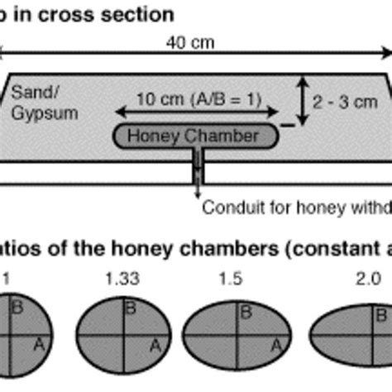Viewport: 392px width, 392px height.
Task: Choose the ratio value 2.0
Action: click(348, 279)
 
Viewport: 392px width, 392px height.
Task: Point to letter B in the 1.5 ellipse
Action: click(246, 312)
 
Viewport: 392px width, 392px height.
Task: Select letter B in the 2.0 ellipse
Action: click(380, 315)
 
